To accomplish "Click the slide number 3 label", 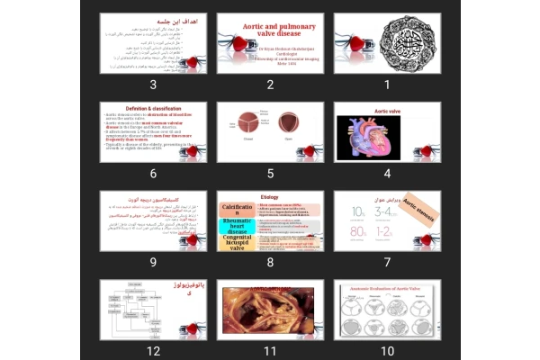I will click(153, 85).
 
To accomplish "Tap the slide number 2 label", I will click(270, 85).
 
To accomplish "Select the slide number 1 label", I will click(387, 85).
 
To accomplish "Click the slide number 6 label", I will click(153, 174).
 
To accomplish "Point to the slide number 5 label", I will click(270, 174).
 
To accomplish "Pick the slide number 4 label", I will click(387, 174).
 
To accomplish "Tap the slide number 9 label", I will click(153, 262).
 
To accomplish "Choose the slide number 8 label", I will click(270, 262).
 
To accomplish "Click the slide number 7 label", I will click(387, 262).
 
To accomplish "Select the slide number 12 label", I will click(153, 350).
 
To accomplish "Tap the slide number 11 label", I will click(270, 350).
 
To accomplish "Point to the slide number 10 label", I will click(387, 350).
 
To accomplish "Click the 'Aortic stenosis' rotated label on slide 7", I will click(419, 206).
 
